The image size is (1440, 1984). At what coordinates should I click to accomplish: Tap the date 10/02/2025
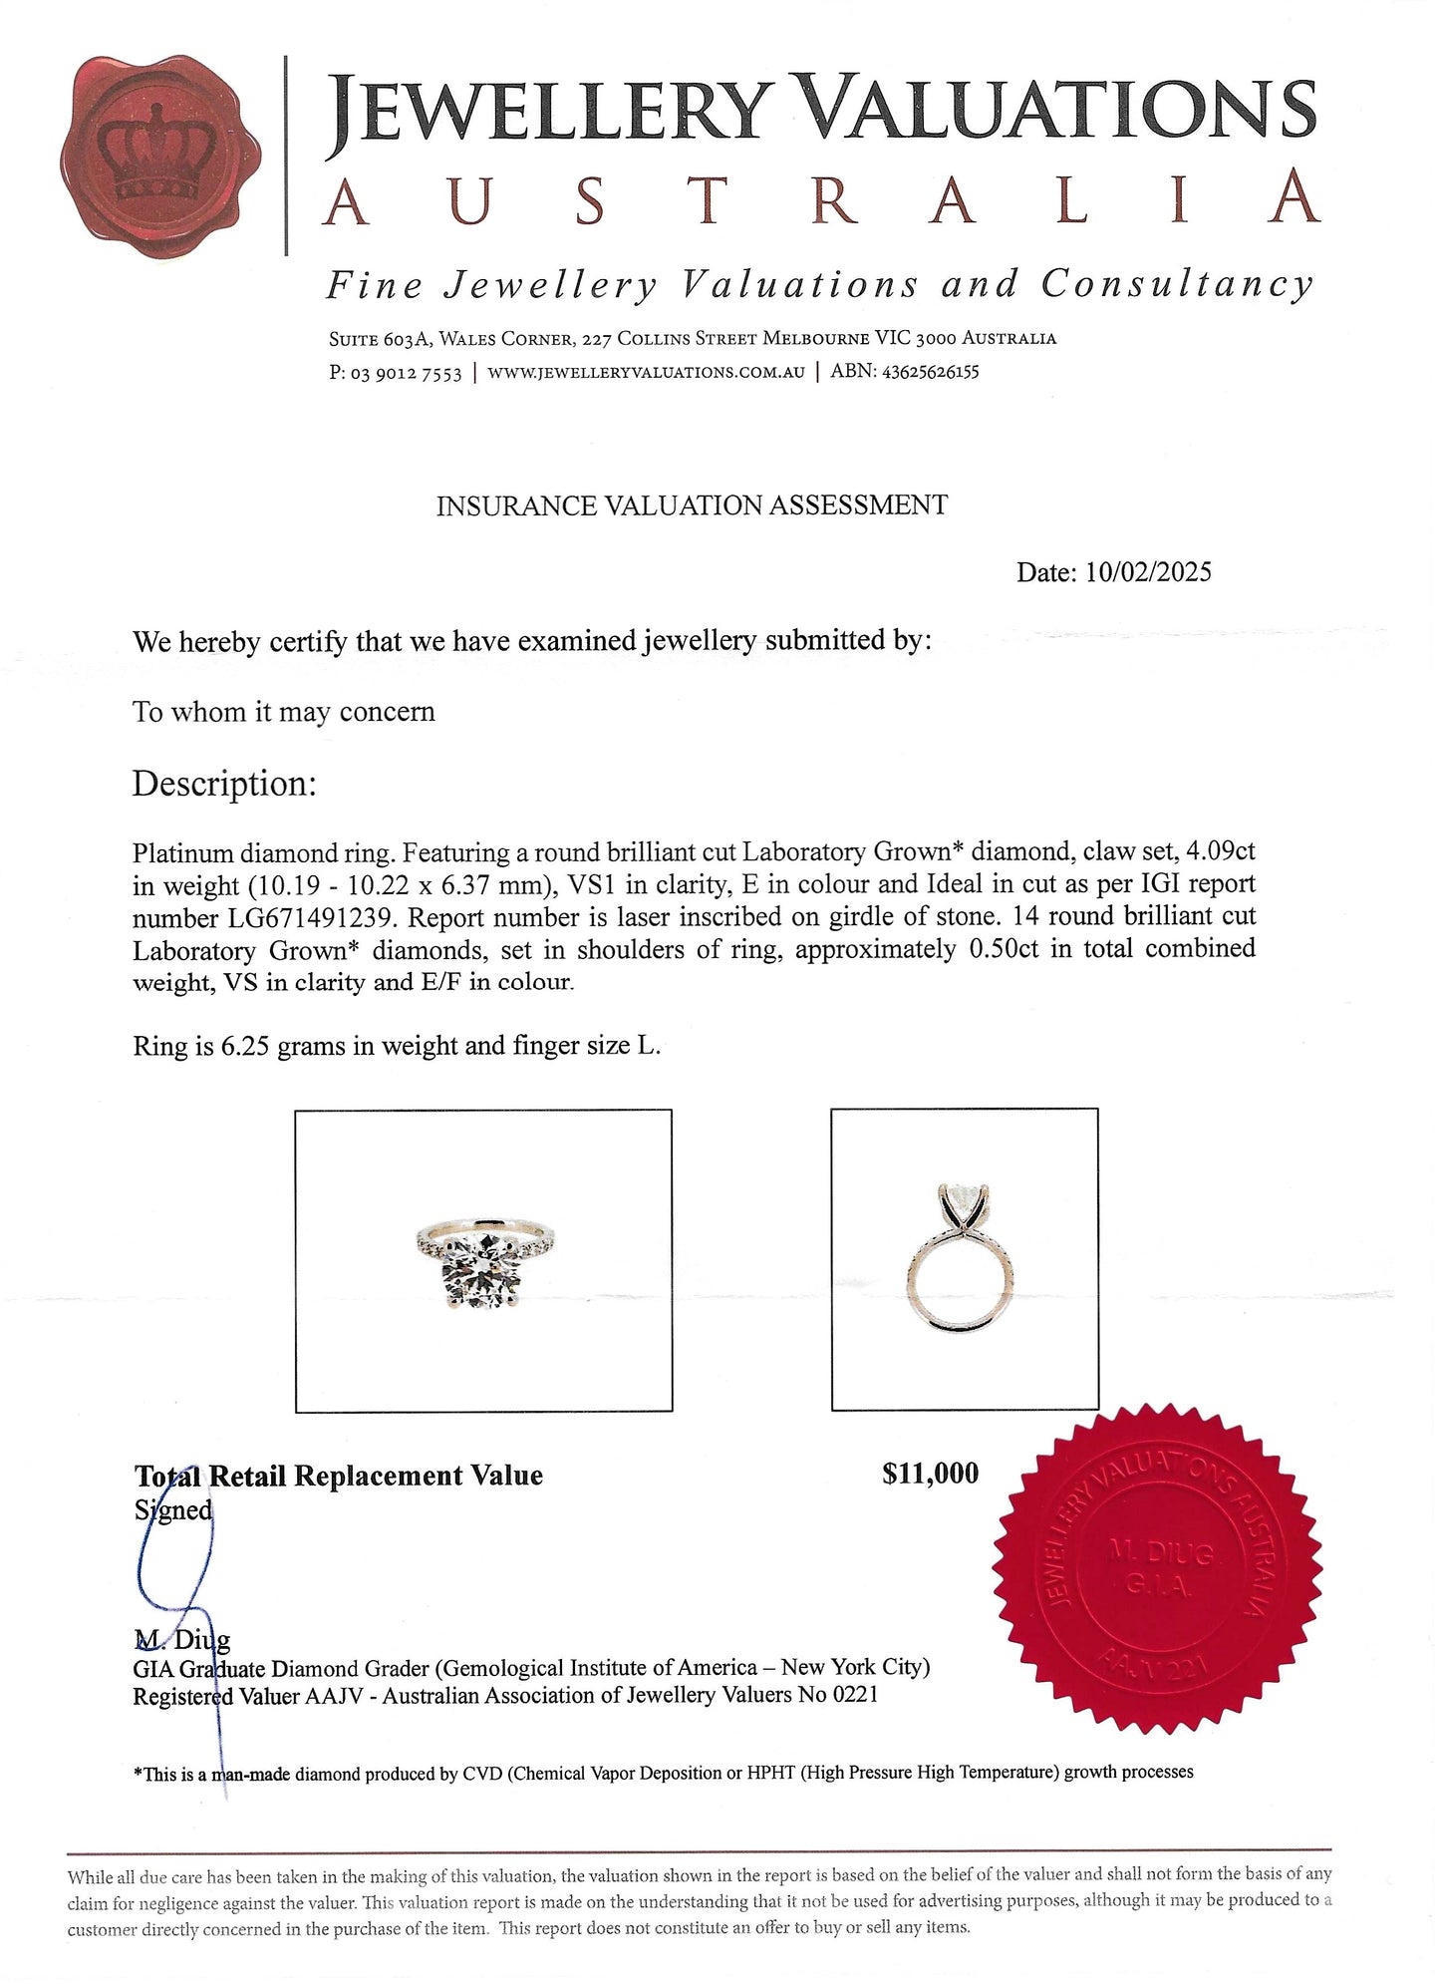click(1148, 572)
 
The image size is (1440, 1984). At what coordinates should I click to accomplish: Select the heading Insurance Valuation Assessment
click(692, 505)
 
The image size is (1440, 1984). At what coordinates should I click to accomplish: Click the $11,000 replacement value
click(930, 1474)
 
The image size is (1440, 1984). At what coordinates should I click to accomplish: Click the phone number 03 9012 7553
click(406, 373)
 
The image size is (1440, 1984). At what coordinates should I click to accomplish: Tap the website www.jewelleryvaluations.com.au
click(646, 373)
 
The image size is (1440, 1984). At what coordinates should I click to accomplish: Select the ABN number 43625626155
click(929, 372)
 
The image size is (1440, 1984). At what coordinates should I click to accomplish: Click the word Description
click(223, 784)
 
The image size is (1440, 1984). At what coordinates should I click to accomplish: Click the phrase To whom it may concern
click(284, 713)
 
